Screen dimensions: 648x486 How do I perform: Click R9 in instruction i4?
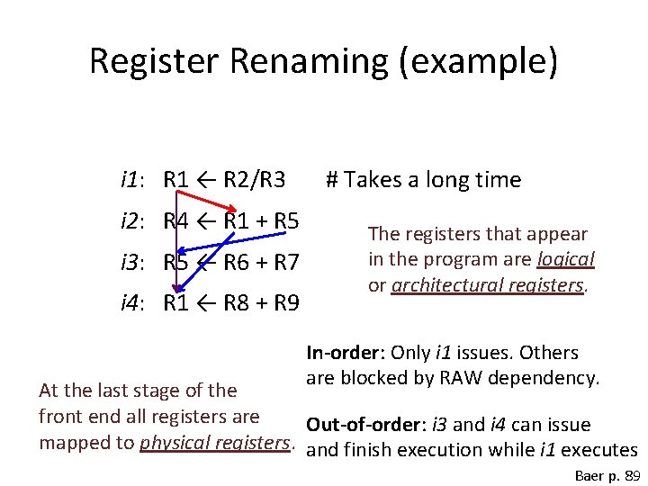pyautogui.click(x=285, y=303)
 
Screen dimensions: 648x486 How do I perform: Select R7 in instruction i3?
pyautogui.click(x=285, y=263)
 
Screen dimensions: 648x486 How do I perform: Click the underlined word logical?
pyautogui.click(x=565, y=259)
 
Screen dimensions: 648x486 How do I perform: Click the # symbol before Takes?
pyautogui.click(x=331, y=180)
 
